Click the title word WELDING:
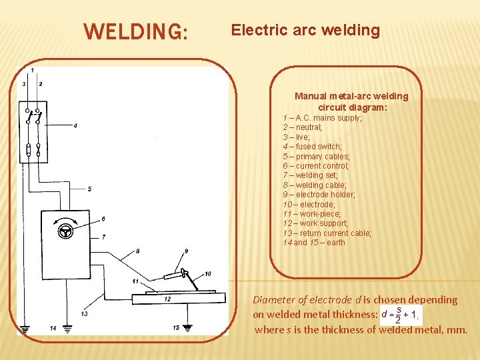coord(136,32)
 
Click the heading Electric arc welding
coord(305,30)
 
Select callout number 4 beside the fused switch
coord(75,125)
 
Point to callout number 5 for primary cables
coord(89,189)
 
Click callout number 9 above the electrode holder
coord(186,251)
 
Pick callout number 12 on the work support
coord(167,299)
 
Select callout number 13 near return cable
coord(84,313)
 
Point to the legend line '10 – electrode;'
coord(308,204)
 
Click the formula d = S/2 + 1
coord(399,315)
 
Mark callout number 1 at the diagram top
coord(32,70)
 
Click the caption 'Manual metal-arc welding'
coord(351,96)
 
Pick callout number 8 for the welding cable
coord(138,251)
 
